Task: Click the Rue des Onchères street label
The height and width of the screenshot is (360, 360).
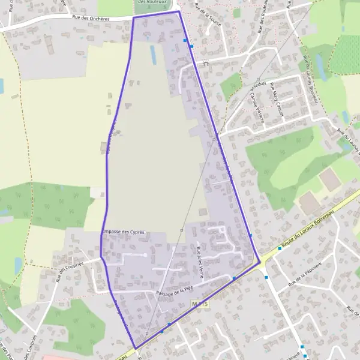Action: [x=91, y=19]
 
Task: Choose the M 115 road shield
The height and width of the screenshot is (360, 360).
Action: [x=201, y=305]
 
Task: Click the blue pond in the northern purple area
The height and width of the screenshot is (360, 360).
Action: [x=153, y=55]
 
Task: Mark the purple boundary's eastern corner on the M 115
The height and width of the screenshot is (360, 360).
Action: [x=260, y=262]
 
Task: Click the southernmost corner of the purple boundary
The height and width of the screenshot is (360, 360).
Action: [x=136, y=348]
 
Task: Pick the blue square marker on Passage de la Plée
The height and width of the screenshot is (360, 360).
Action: [x=233, y=279]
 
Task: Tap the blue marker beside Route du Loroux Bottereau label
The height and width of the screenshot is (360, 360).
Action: [x=266, y=277]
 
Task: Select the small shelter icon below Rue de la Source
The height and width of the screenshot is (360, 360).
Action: [x=205, y=62]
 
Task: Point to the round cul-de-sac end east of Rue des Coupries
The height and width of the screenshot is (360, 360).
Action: [x=145, y=254]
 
